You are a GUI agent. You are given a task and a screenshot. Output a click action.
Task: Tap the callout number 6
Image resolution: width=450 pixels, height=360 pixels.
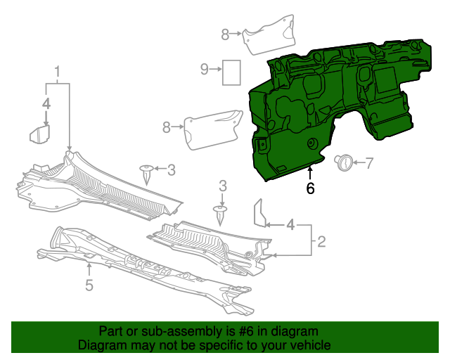[310, 188]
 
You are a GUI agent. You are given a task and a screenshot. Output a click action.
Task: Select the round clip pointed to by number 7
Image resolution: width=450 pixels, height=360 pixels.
[343, 162]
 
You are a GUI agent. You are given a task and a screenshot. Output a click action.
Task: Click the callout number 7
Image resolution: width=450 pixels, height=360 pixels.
[370, 163]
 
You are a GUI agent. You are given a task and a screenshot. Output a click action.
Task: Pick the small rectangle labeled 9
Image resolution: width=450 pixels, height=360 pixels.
[231, 72]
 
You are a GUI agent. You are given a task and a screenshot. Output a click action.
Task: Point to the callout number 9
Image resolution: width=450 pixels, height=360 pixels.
[205, 69]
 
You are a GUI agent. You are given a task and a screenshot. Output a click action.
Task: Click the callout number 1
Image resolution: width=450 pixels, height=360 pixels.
[58, 72]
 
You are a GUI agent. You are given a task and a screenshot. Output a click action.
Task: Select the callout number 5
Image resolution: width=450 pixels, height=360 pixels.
[89, 284]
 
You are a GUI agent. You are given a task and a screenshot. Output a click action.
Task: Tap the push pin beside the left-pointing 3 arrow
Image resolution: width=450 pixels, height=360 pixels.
[147, 171]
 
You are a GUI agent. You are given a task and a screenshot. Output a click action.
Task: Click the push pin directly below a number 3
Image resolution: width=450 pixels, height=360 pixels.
[221, 212]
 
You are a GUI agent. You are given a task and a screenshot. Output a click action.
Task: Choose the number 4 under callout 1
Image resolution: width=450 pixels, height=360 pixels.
[46, 104]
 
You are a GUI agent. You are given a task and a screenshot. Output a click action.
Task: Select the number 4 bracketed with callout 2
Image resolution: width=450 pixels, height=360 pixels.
[290, 226]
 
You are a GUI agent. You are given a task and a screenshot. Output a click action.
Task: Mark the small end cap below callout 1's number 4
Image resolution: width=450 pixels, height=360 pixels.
[38, 134]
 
